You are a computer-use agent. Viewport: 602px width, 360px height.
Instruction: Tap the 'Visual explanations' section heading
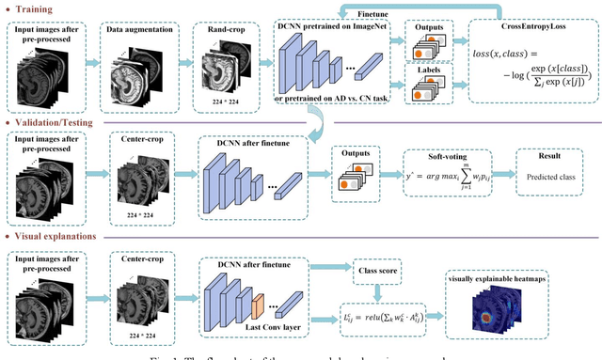click(57, 238)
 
